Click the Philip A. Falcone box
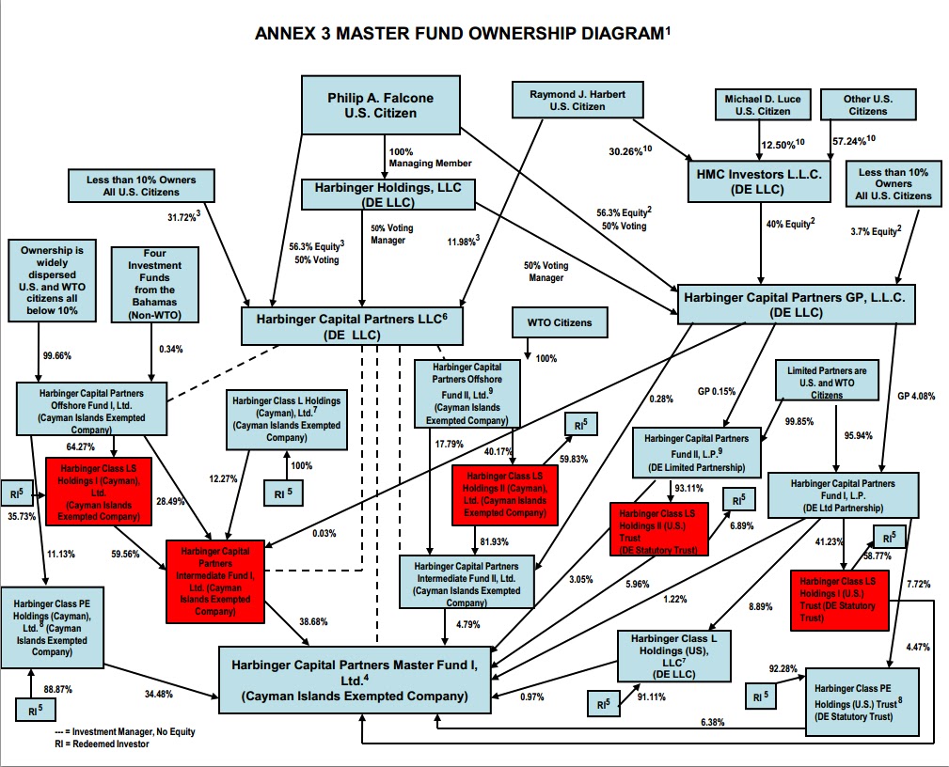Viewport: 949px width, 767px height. pos(381,105)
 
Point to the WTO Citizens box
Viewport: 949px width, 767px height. pos(560,322)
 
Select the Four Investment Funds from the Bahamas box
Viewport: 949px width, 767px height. pos(153,285)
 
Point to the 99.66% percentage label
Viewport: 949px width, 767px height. pos(57,355)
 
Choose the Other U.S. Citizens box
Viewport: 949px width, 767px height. pos(868,104)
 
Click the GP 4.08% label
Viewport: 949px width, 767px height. pos(915,396)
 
